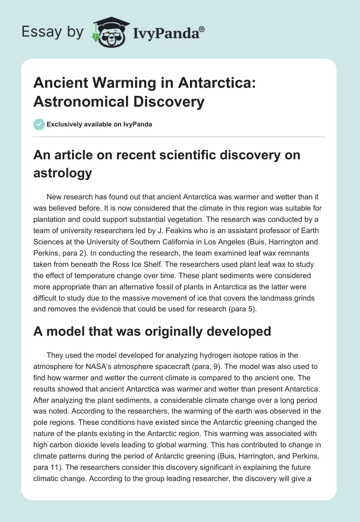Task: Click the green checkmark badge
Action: [x=39, y=124]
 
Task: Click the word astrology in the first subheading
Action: [x=62, y=173]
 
